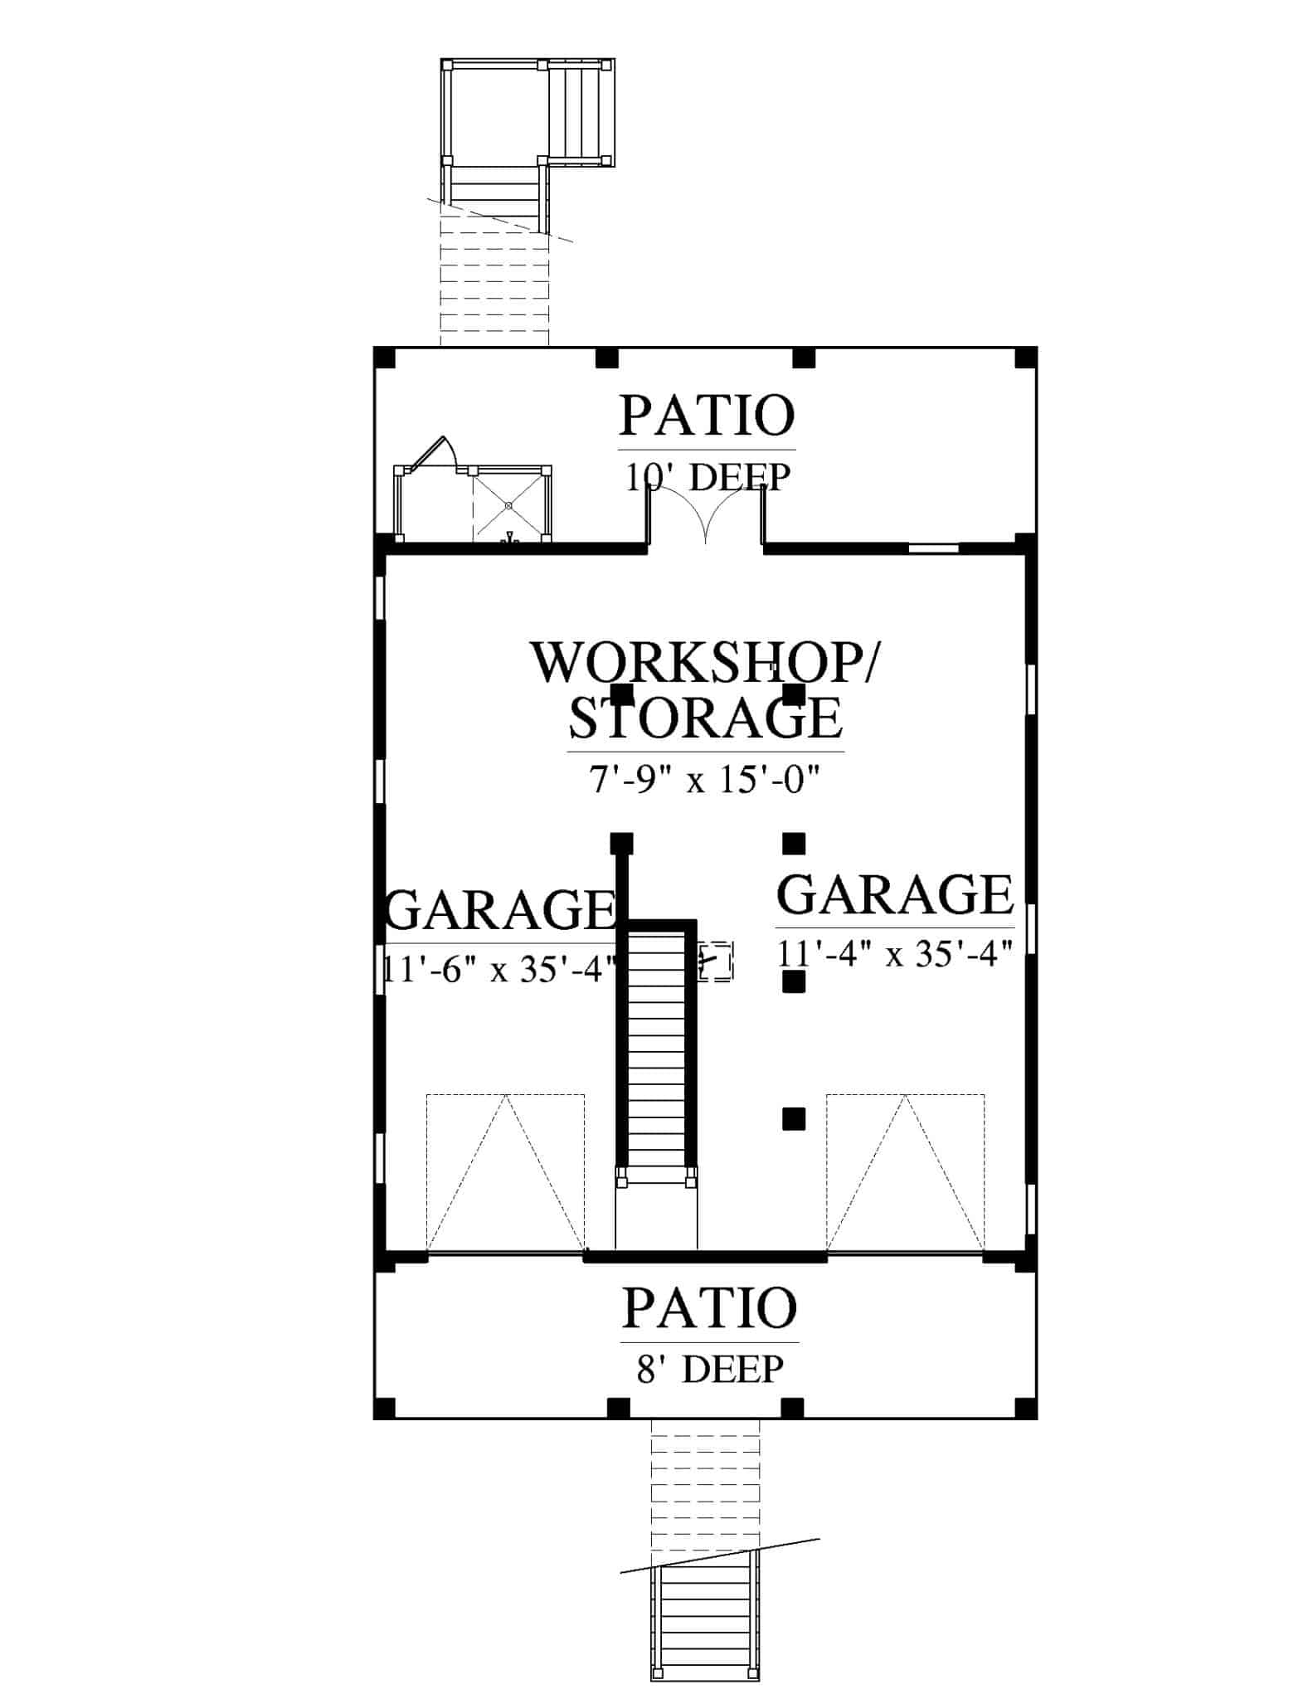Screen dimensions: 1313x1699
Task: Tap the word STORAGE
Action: tap(706, 718)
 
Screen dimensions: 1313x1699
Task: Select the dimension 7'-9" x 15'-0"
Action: tap(706, 780)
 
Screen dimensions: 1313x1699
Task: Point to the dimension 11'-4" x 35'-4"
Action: tap(896, 953)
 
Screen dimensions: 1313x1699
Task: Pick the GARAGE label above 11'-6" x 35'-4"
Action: tap(501, 910)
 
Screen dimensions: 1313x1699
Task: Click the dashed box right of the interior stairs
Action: tap(715, 962)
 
